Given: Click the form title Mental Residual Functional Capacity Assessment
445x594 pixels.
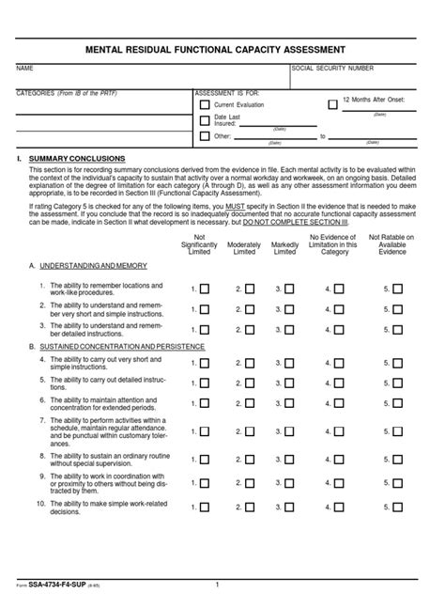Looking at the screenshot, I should point(222,49).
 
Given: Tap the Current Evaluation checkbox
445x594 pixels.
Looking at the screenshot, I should point(205,106).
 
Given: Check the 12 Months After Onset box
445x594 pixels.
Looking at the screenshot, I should point(332,104).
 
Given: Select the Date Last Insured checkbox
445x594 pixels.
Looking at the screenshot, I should point(205,121).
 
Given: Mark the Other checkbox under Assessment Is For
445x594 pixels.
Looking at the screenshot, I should point(205,136).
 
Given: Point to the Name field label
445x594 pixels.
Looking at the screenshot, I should point(25,69).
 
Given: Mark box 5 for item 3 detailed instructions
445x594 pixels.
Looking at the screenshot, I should point(397,329).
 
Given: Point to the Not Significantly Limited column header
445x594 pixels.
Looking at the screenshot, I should point(199,244).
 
